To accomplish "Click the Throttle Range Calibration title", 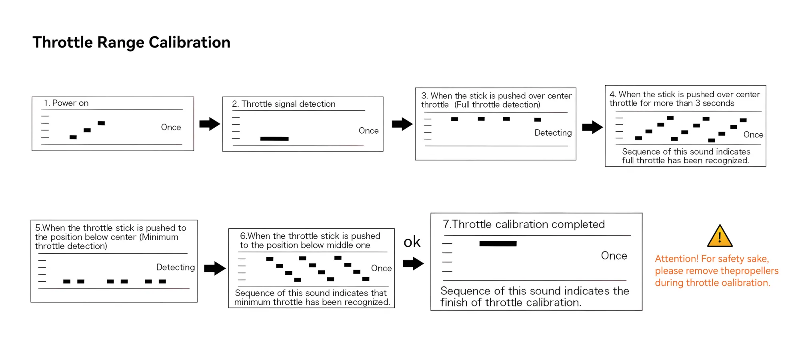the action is [x=132, y=42].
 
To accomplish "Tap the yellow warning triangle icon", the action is [x=720, y=236].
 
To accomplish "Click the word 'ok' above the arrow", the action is [x=412, y=242].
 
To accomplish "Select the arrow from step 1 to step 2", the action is [x=210, y=124].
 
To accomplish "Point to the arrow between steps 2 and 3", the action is [x=402, y=124].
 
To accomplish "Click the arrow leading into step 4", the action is [x=592, y=127].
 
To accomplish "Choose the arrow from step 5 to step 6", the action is [x=215, y=268].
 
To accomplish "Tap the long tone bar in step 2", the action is [x=274, y=139].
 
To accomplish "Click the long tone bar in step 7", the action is [x=498, y=244].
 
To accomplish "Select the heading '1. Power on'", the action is [x=66, y=103].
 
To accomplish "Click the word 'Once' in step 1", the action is [x=171, y=127].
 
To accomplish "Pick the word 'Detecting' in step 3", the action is [x=553, y=133].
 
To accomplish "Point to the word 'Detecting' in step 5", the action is [x=176, y=267].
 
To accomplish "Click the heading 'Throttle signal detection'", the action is [x=288, y=104].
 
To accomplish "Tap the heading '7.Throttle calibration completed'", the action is [x=524, y=224].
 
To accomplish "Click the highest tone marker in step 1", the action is [x=101, y=123].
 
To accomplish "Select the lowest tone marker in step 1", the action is [x=73, y=137].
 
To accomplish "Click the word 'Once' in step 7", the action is [x=614, y=256].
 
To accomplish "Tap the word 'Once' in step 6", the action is [x=381, y=268].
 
